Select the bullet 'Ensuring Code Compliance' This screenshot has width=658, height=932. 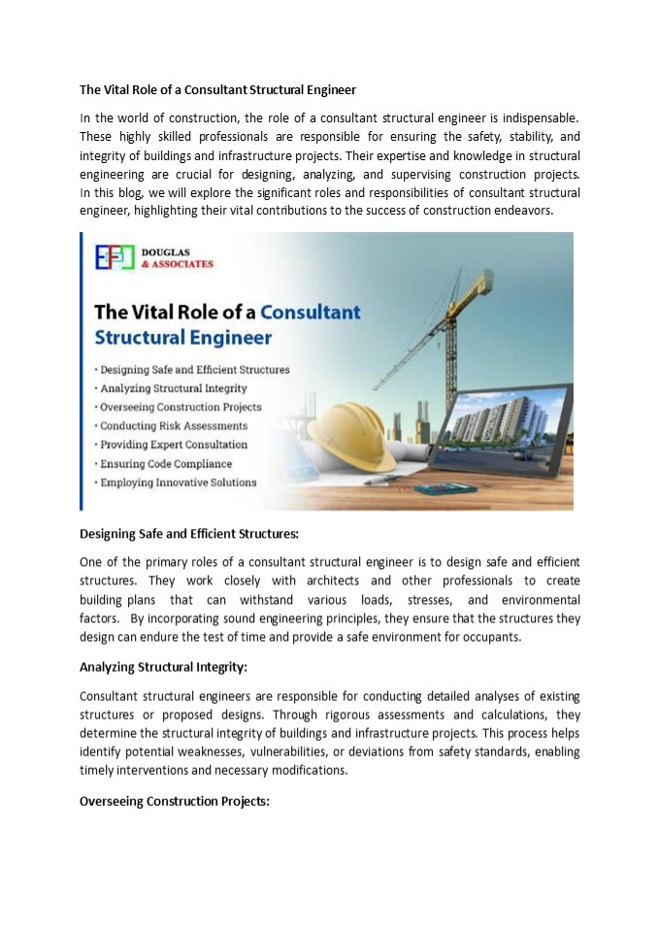(x=165, y=463)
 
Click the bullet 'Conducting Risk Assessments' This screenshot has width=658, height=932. (x=172, y=425)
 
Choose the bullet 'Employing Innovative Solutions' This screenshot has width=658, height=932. (x=177, y=483)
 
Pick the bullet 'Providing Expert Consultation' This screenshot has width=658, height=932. (x=172, y=445)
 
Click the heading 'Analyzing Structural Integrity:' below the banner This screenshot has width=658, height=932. (x=163, y=667)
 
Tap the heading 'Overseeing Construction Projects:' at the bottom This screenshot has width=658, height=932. (x=174, y=802)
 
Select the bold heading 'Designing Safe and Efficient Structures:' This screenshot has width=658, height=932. (x=189, y=533)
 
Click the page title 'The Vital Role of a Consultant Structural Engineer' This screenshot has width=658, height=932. (x=217, y=90)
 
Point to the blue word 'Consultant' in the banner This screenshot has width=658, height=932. (x=310, y=313)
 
